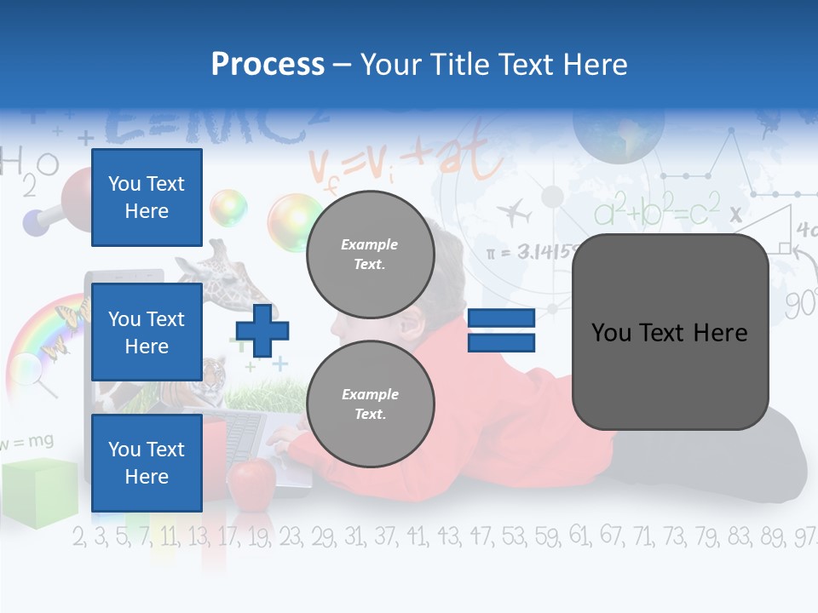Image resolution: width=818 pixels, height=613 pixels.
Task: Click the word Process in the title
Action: click(x=268, y=64)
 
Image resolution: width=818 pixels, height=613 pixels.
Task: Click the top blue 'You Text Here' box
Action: click(x=147, y=198)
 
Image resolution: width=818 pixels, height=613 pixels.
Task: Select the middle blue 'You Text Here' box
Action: click(x=147, y=332)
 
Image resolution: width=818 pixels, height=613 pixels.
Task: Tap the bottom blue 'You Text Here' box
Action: click(x=147, y=462)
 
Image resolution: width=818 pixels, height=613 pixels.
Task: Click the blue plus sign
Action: click(x=262, y=329)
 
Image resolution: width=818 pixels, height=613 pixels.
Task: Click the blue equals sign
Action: click(x=501, y=330)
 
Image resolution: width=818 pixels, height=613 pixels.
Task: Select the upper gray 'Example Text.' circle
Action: click(x=370, y=254)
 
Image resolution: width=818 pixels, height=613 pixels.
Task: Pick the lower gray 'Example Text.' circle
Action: click(x=370, y=404)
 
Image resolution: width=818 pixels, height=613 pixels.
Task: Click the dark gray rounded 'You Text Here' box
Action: click(x=670, y=332)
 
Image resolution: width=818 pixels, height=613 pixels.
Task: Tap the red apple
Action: click(x=251, y=481)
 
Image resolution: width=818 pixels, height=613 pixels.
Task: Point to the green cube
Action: click(x=31, y=492)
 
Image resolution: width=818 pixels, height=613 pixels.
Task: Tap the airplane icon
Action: click(x=513, y=210)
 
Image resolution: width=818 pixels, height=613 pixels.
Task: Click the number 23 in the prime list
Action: click(x=290, y=536)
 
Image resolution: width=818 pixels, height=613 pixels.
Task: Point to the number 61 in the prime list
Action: click(x=579, y=536)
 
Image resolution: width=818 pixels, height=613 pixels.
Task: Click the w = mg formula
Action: click(x=27, y=441)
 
